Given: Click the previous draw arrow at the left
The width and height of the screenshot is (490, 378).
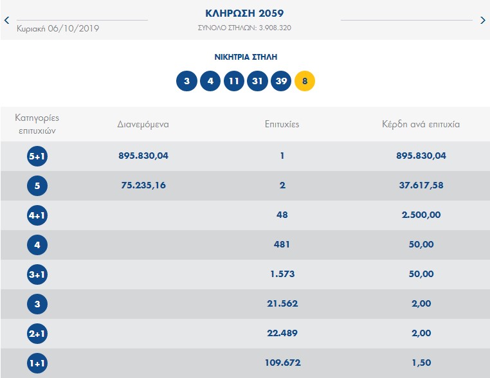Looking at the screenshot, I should [6, 20].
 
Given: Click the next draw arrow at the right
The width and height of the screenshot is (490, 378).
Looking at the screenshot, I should [483, 20].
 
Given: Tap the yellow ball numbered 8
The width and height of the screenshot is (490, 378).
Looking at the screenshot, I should [305, 81].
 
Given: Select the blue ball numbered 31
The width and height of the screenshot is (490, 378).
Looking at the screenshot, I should [257, 81].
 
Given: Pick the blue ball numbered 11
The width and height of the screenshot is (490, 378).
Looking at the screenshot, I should [234, 81].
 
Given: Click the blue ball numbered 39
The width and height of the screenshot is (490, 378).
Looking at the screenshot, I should [281, 81].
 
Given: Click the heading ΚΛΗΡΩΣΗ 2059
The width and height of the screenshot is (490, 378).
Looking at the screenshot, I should [244, 13].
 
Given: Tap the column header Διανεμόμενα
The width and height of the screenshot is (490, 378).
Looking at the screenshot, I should [143, 124].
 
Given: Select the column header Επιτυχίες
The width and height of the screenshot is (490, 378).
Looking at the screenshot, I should [282, 124].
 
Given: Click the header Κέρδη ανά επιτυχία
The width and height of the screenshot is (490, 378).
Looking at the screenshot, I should [421, 124].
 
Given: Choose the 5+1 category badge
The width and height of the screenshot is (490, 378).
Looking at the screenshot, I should [37, 156].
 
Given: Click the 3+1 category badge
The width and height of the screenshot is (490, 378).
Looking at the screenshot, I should [37, 274].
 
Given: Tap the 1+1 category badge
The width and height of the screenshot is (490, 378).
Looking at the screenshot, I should [37, 363].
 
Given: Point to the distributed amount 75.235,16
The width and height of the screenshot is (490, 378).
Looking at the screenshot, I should [143, 185].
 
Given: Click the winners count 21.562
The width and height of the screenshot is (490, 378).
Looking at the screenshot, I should [282, 303].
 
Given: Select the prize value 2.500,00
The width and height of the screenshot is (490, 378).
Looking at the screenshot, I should [421, 215].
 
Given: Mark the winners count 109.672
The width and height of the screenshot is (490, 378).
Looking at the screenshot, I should [282, 363].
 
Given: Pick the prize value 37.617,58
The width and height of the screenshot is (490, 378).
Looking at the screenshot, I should [421, 185].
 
